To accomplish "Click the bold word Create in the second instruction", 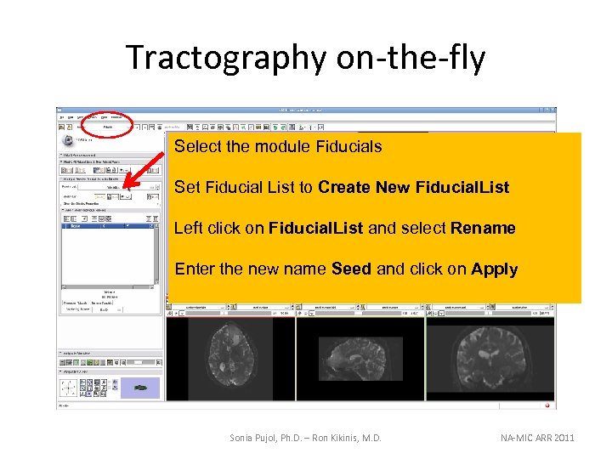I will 348,187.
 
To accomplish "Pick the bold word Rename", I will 483,228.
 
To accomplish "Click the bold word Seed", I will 351,269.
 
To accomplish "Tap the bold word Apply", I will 494,269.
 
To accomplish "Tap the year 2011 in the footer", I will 564,438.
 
